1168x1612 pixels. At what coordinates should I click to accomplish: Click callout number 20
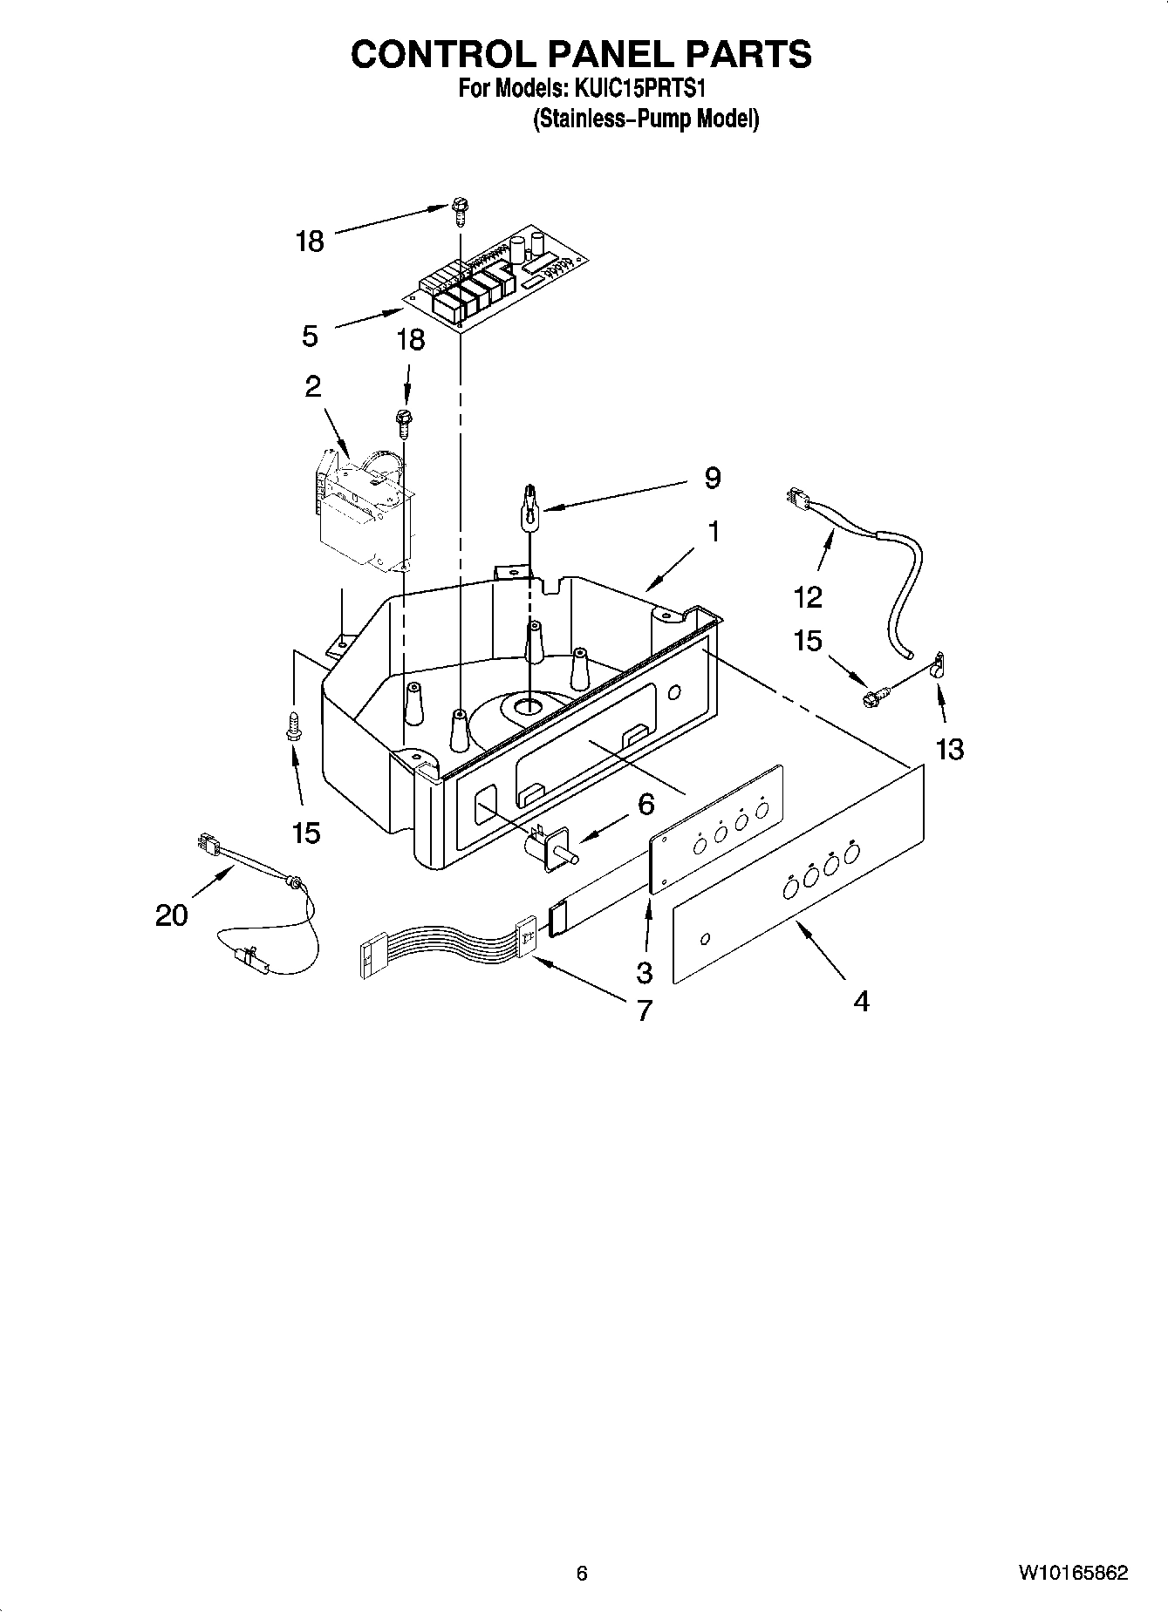click(x=172, y=915)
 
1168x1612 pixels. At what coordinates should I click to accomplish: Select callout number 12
click(x=808, y=597)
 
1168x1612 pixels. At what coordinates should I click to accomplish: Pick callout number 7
click(x=644, y=1010)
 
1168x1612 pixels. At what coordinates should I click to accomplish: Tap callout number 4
click(x=860, y=1002)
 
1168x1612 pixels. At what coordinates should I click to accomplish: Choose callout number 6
click(x=645, y=804)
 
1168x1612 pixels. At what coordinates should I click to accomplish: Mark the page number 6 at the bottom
click(x=582, y=1573)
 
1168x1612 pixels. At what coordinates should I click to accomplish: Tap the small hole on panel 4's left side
click(x=706, y=938)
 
